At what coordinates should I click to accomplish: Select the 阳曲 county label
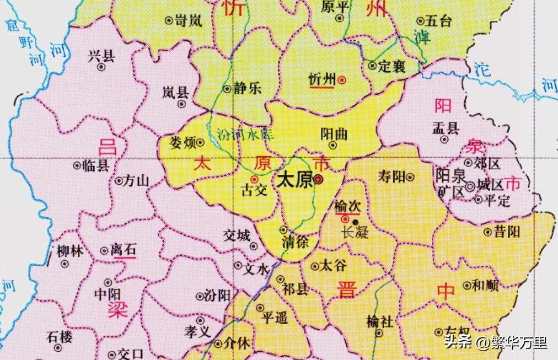(x=334, y=134)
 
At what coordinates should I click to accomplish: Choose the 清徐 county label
(x=295, y=241)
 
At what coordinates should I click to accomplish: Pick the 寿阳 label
(x=391, y=176)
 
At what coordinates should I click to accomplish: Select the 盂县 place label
(x=446, y=129)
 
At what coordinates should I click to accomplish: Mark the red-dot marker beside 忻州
(x=342, y=80)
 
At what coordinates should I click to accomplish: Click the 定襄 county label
(x=392, y=67)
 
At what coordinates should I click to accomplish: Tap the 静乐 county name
(x=247, y=88)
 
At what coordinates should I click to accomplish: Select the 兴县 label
(x=101, y=55)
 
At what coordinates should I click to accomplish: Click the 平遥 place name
(x=275, y=318)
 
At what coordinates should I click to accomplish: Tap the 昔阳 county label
(x=506, y=232)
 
